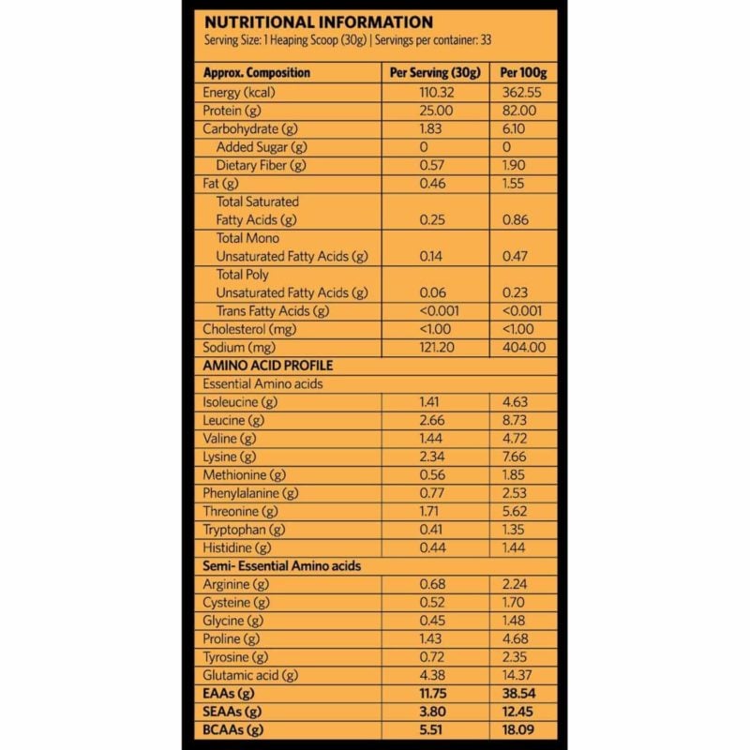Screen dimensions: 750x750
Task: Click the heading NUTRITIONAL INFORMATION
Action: (x=318, y=22)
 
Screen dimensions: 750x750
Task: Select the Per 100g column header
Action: (x=524, y=73)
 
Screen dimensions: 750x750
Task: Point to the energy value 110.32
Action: (x=436, y=92)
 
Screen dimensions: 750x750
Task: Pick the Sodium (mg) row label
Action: (x=239, y=347)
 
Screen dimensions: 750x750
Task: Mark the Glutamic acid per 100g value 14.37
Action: (x=524, y=675)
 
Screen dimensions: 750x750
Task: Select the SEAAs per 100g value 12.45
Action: (x=524, y=712)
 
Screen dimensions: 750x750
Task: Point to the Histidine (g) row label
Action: (x=236, y=547)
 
